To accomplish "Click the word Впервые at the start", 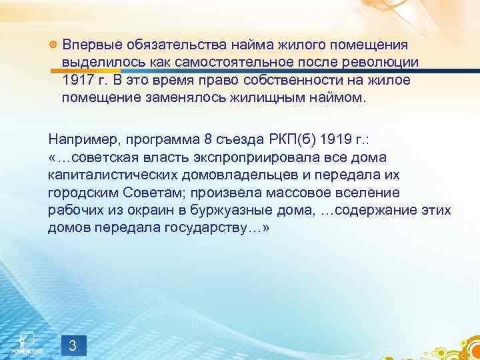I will click(x=87, y=44).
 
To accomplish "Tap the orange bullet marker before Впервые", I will click(x=52, y=45).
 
